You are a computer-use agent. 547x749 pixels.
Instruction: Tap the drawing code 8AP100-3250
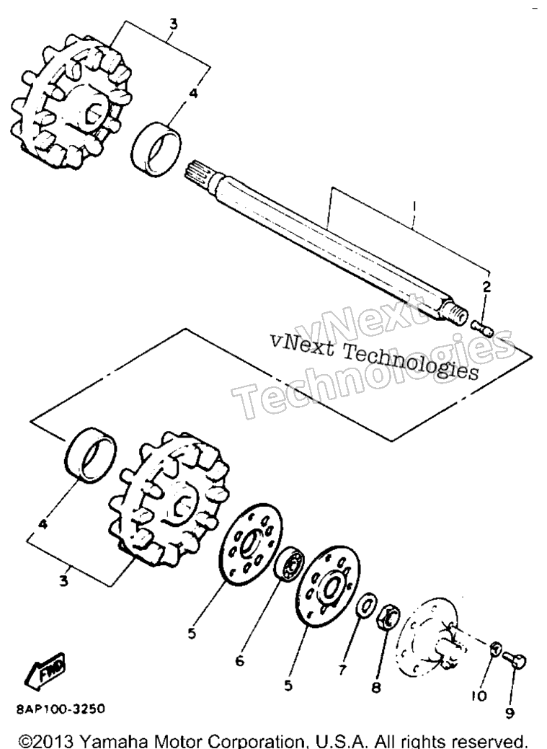61,709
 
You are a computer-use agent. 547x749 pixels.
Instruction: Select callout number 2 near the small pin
486,287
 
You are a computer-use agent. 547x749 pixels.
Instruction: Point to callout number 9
510,713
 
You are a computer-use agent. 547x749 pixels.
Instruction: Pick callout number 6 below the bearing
240,660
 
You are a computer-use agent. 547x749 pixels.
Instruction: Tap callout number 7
342,670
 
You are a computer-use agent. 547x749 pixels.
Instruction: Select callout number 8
376,688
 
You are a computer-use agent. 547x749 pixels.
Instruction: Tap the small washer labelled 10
495,650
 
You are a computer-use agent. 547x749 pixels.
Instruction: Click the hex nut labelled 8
389,618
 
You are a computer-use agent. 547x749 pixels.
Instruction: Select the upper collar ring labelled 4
156,149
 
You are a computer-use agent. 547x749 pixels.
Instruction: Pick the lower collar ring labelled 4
91,455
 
